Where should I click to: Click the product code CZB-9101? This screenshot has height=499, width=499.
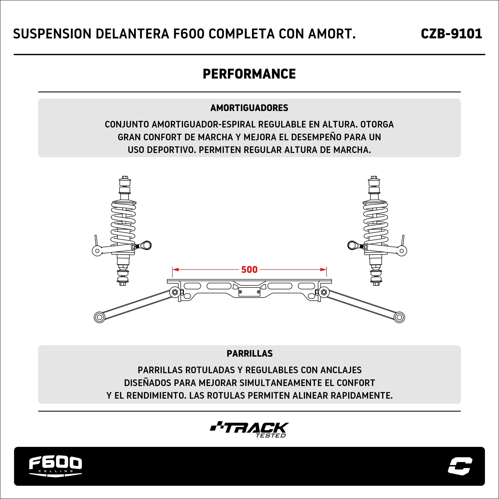pyautogui.click(x=451, y=34)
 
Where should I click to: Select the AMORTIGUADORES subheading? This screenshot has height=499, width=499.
pyautogui.click(x=249, y=108)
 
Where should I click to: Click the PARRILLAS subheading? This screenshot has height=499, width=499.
pyautogui.click(x=249, y=353)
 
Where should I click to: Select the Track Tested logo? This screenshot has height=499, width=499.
pyautogui.click(x=249, y=430)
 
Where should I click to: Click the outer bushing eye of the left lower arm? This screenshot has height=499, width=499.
pyautogui.click(x=99, y=317)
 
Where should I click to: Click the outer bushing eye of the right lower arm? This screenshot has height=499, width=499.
pyautogui.click(x=399, y=317)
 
